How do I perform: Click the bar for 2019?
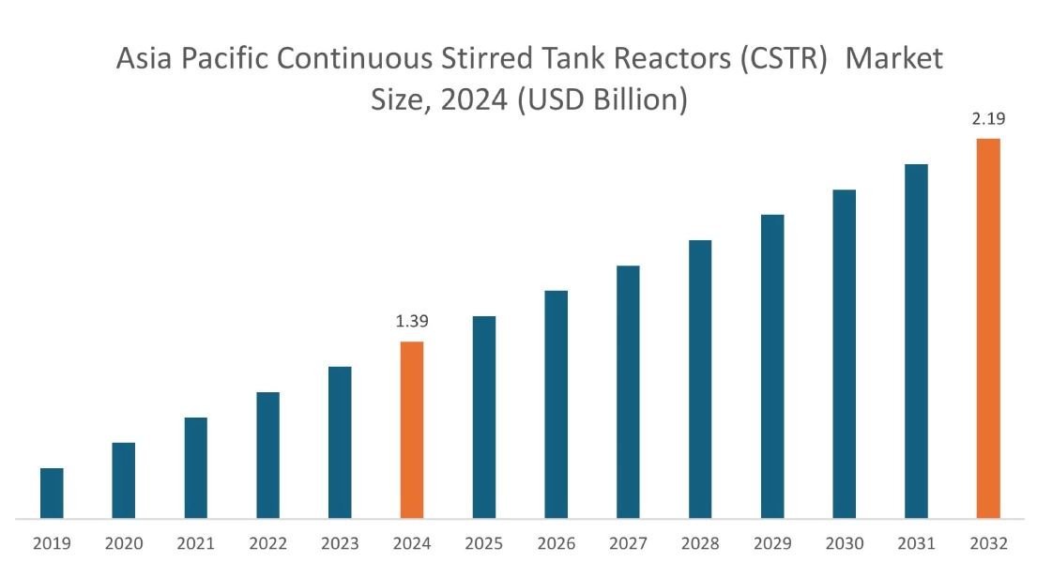pyautogui.click(x=52, y=493)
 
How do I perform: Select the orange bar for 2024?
pyautogui.click(x=412, y=430)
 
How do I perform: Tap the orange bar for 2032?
pyautogui.click(x=988, y=328)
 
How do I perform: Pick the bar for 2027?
pyautogui.click(x=628, y=391)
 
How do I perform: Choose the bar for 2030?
pyautogui.click(x=845, y=354)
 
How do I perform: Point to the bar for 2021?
pyautogui.click(x=196, y=467)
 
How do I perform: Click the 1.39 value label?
pyautogui.click(x=412, y=322)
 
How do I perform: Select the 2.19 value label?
pyautogui.click(x=988, y=119)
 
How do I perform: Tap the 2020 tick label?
pyautogui.click(x=124, y=543)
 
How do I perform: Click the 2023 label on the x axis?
pyautogui.click(x=340, y=543)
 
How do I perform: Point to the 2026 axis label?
pyautogui.click(x=556, y=543)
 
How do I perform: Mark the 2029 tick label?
pyautogui.click(x=772, y=543)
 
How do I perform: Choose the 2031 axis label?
pyautogui.click(x=916, y=543)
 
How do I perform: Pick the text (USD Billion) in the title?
pyautogui.click(x=602, y=99)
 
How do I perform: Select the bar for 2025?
pyautogui.click(x=484, y=417)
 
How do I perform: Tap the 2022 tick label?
pyautogui.click(x=267, y=543)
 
